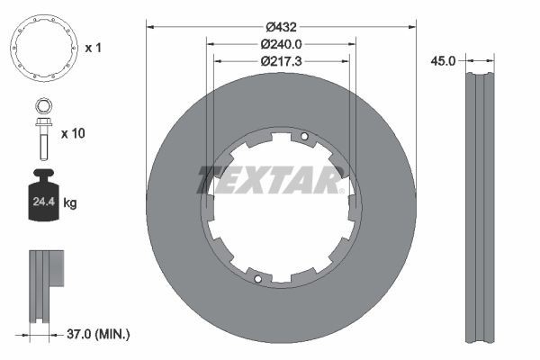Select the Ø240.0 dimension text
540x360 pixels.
point(280,43)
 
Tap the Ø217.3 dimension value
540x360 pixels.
point(280,61)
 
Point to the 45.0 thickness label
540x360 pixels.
point(443,61)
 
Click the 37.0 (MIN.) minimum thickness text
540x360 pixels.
point(98,334)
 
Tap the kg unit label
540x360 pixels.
point(70,203)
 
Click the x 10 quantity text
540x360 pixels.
point(72,132)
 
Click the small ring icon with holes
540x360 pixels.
point(42,48)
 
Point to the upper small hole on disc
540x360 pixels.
point(304,137)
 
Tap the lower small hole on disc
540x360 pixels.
point(257,278)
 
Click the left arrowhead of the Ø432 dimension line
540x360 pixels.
point(149,25)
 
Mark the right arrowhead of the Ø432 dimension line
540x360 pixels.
point(412,25)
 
